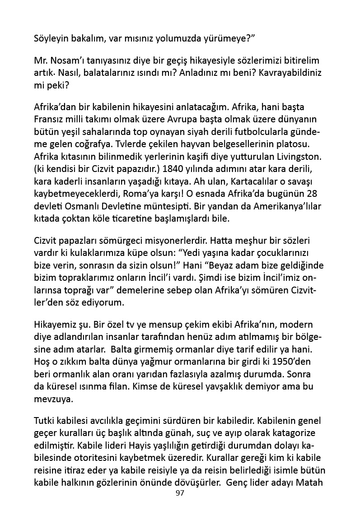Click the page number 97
[180, 493]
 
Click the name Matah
[312, 482]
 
